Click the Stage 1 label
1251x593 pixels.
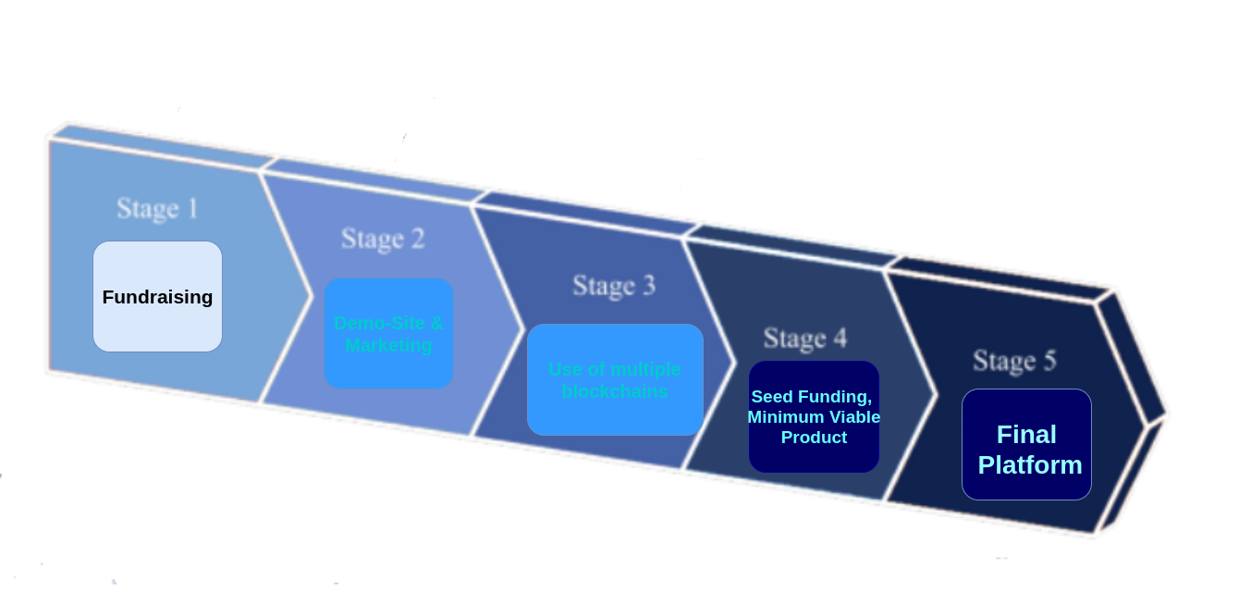tap(157, 208)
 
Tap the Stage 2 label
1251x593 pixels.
tap(383, 239)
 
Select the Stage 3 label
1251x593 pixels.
tap(614, 286)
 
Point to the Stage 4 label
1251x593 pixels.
tap(804, 339)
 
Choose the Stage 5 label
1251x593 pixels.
tap(1013, 361)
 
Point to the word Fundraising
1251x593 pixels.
tap(157, 297)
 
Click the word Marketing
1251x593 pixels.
tap(388, 345)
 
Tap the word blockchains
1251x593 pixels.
tap(615, 391)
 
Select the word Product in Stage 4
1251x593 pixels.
tap(814, 438)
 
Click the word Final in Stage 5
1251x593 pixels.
tap(1026, 435)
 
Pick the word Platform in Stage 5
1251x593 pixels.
tap(1030, 464)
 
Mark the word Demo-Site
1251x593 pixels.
tap(367, 323)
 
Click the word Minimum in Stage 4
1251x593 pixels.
tap(786, 417)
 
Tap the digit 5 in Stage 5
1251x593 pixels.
tap(1049, 361)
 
